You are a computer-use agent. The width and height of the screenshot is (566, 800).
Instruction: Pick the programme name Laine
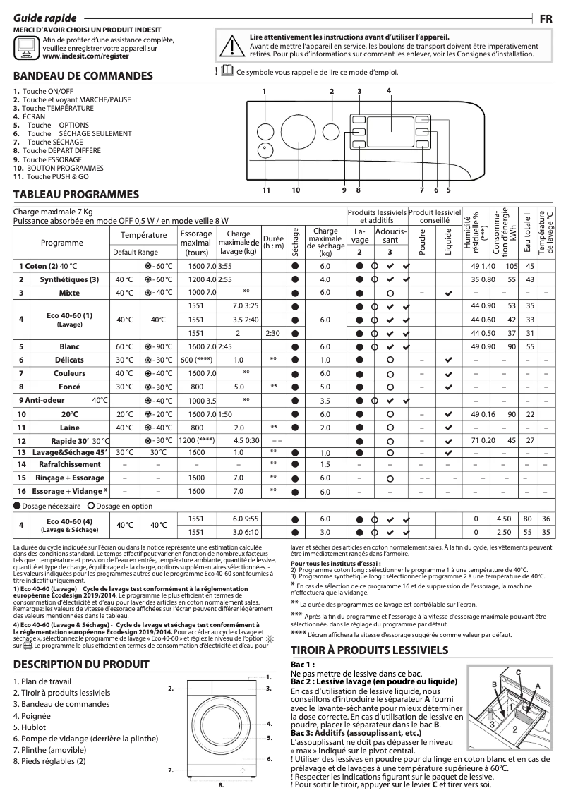tap(69, 428)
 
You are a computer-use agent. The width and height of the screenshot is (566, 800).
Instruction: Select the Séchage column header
tap(295, 241)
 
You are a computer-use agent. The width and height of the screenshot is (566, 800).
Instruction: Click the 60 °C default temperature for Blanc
tap(124, 346)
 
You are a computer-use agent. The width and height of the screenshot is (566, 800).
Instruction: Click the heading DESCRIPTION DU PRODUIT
tap(81, 664)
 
